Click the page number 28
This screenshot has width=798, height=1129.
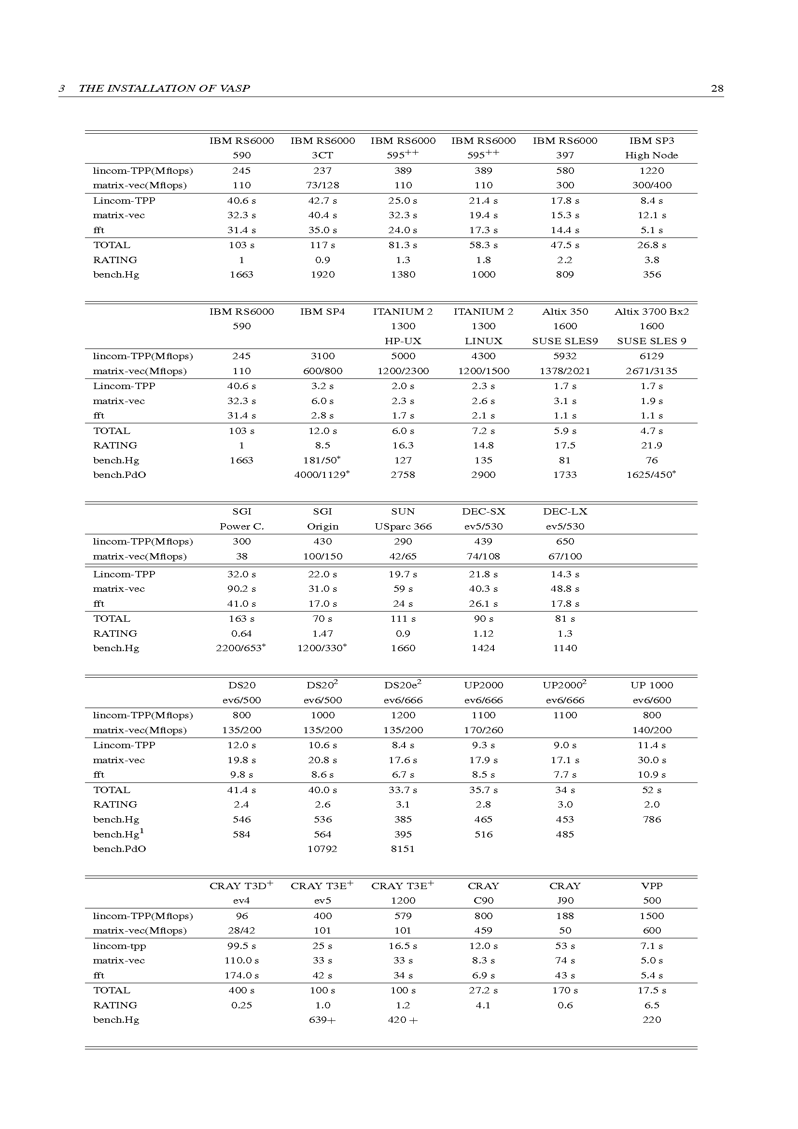pos(717,88)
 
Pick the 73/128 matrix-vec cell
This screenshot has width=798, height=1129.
pos(322,185)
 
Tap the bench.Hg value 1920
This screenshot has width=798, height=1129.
pos(322,274)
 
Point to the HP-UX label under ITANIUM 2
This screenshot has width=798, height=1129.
pos(403,341)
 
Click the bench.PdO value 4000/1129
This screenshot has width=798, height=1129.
pos(322,475)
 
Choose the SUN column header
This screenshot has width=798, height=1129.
pos(403,511)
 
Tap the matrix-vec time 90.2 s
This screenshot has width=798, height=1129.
pos(241,588)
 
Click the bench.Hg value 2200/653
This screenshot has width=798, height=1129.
pos(240,648)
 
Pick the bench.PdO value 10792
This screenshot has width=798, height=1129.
pos(322,849)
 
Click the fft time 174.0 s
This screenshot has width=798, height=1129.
pos(241,975)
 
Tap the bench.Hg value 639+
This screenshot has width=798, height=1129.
pos(322,1020)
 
